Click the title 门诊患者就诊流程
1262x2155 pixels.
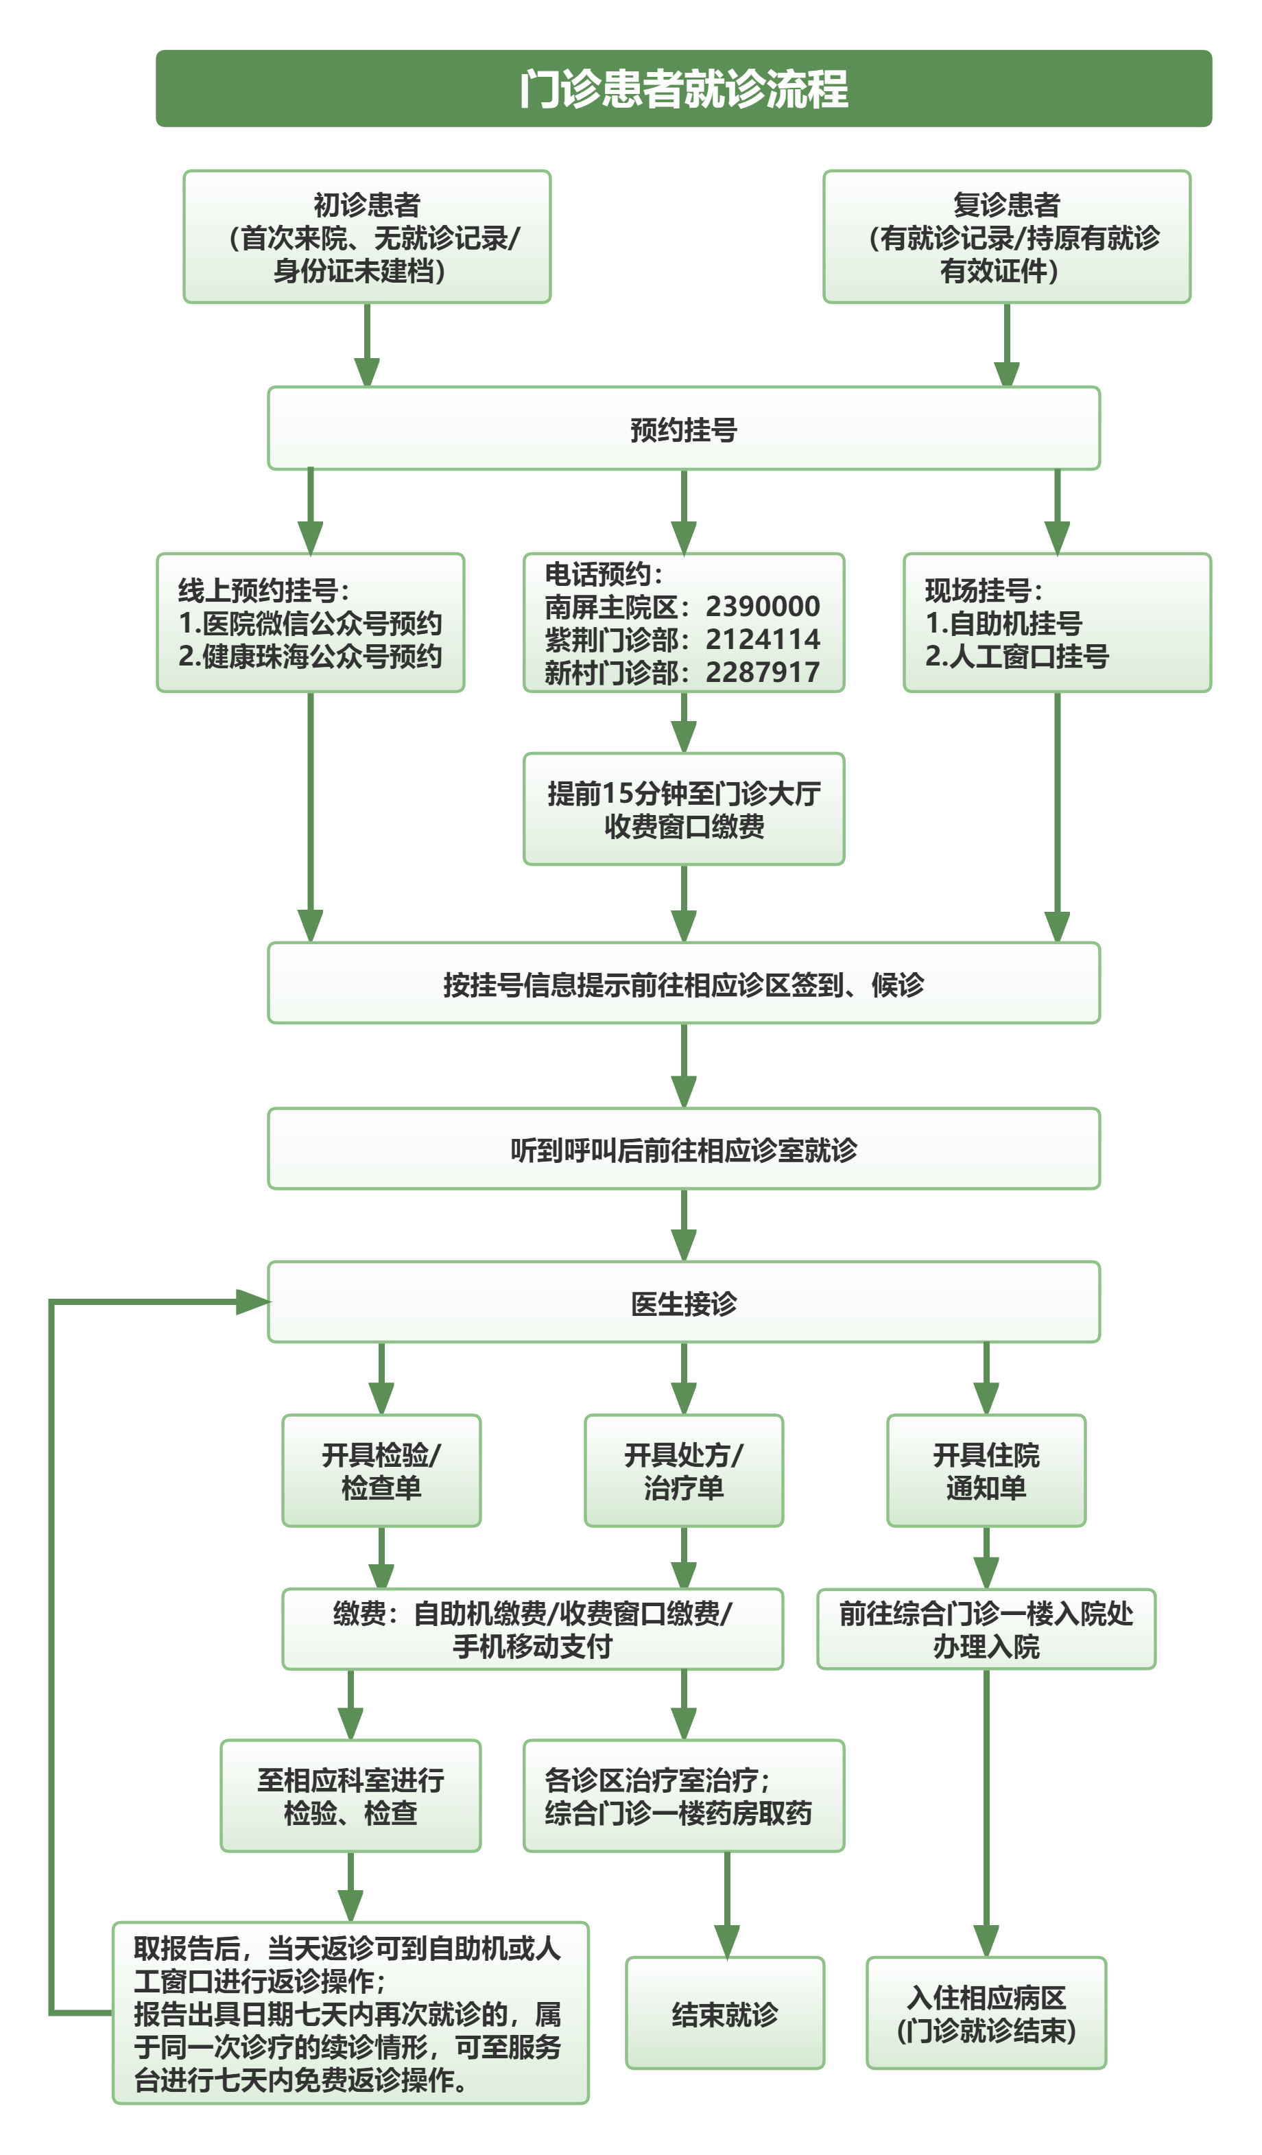click(x=683, y=89)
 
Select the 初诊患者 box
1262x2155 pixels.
click(x=367, y=237)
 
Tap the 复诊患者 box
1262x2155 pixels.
click(x=1006, y=237)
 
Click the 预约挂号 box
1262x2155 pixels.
click(x=683, y=428)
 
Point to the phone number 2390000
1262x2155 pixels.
click(x=763, y=607)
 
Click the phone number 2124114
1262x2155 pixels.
click(x=763, y=639)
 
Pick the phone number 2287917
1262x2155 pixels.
click(x=763, y=672)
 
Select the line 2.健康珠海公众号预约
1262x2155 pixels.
click(x=311, y=656)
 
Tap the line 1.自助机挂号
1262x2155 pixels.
click(x=1004, y=624)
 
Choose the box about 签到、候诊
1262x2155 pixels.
click(x=683, y=983)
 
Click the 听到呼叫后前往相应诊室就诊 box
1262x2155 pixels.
click(x=683, y=1149)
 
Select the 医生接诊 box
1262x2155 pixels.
click(x=683, y=1302)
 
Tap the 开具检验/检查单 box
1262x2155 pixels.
click(x=381, y=1471)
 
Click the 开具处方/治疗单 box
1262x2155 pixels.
click(x=683, y=1471)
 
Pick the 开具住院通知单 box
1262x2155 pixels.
click(x=986, y=1471)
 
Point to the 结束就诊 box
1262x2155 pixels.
click(x=725, y=2014)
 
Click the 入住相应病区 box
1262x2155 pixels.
click(x=986, y=2014)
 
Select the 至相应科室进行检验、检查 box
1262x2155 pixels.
click(x=350, y=1796)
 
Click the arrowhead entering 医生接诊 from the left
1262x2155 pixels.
click(x=253, y=1302)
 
